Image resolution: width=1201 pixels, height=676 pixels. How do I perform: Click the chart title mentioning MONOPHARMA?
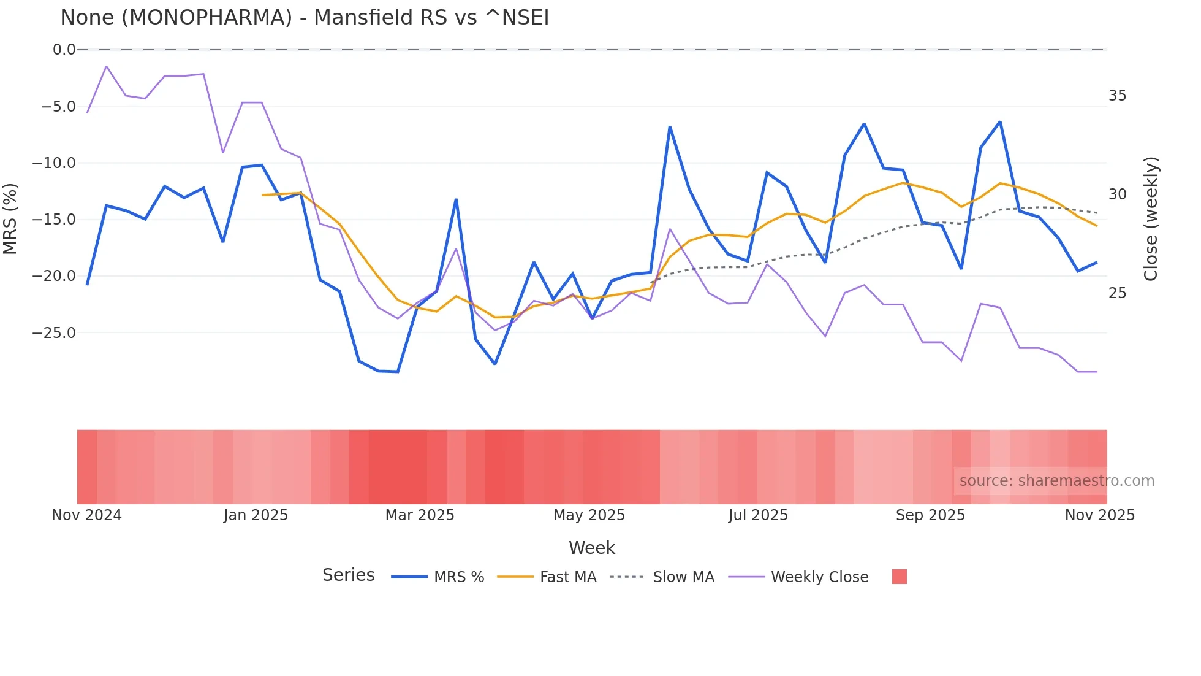coord(305,18)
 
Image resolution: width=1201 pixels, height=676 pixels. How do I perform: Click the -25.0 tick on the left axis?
coord(54,333)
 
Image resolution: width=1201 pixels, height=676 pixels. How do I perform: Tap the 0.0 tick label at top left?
coord(64,50)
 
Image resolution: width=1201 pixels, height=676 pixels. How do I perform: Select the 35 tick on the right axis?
coord(1117,96)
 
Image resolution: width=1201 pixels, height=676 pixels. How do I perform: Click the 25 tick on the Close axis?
coord(1117,293)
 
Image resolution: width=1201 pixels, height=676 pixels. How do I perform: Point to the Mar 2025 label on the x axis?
coord(420,515)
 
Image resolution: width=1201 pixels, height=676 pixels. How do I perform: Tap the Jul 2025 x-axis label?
coord(758,515)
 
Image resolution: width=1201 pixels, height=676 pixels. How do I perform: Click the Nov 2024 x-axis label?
coord(86,515)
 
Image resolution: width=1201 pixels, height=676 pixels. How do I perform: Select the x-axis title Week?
coord(591,548)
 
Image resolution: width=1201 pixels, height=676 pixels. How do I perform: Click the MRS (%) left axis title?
coord(10,219)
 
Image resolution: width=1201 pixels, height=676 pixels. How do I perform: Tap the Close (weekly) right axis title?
coord(1151,219)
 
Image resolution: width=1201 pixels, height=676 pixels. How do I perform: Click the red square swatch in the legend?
coord(899,577)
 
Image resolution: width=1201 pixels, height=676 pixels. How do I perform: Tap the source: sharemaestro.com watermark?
coord(1056,481)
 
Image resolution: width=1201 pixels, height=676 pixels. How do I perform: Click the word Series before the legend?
coord(348,575)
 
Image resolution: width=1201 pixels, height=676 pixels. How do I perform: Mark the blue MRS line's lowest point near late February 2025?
coord(398,372)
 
